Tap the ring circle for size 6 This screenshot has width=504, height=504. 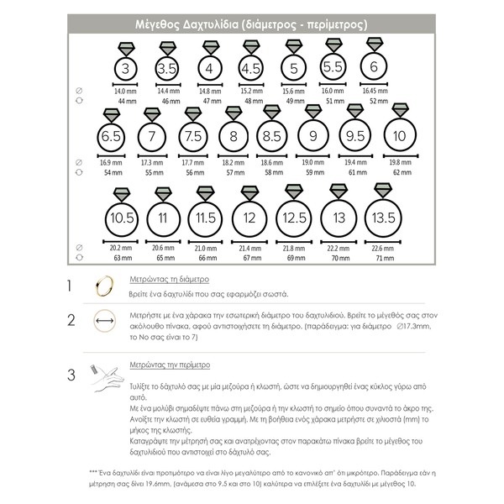click(374, 67)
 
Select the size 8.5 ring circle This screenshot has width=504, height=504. click(271, 136)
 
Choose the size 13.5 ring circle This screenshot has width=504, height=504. click(382, 218)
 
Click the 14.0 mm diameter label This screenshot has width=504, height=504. click(125, 91)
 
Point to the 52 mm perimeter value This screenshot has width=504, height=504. click(379, 101)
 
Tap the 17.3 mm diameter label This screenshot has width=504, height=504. click(152, 162)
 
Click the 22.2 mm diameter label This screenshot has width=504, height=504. click(339, 249)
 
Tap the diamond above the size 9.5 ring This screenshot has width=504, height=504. click(355, 109)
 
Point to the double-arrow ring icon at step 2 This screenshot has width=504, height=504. click(105, 320)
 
